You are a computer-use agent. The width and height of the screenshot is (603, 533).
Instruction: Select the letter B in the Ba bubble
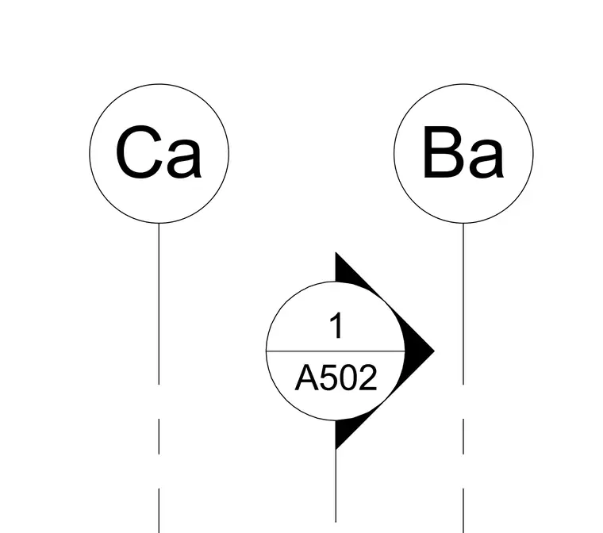point(442,152)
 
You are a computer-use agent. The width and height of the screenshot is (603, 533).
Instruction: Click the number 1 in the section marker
point(336,326)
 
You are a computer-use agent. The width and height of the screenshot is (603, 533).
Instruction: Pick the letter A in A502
point(308,378)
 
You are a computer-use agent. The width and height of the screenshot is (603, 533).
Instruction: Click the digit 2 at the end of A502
point(368,378)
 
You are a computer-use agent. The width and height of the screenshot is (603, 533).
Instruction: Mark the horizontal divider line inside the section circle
point(336,351)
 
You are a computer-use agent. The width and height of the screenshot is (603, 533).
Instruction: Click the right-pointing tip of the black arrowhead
point(435,351)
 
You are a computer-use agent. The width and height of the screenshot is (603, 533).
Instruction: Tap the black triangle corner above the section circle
point(336,253)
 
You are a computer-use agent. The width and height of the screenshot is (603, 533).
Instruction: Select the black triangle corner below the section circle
point(336,449)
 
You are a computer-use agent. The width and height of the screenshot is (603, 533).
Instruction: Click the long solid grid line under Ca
point(159,304)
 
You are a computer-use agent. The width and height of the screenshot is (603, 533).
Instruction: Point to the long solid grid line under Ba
point(463,304)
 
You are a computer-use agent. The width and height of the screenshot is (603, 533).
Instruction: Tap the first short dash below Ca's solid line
point(159,436)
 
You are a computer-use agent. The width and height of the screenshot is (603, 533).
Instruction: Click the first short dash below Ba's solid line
point(463,436)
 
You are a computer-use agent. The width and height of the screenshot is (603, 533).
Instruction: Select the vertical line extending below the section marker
point(336,485)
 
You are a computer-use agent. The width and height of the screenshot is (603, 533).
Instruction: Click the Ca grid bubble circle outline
point(90,153)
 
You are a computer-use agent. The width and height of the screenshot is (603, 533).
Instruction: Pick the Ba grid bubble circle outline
point(394,153)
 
